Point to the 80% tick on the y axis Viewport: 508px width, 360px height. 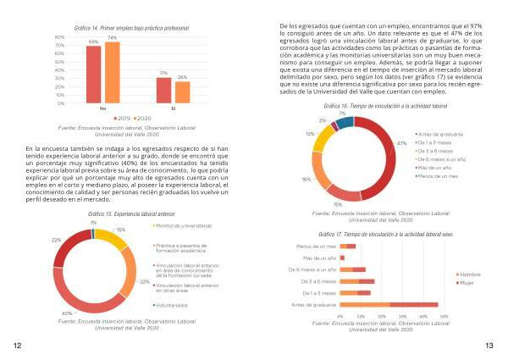click(59, 38)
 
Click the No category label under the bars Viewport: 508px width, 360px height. click(102, 109)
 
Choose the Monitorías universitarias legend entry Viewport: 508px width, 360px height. click(182, 226)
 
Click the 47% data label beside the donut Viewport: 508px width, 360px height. click(402, 143)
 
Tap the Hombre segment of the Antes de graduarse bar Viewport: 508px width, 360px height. click(366, 304)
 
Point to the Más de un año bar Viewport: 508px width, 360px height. click(343, 257)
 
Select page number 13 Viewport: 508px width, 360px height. click(489, 346)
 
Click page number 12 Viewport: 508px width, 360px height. click(17, 346)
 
